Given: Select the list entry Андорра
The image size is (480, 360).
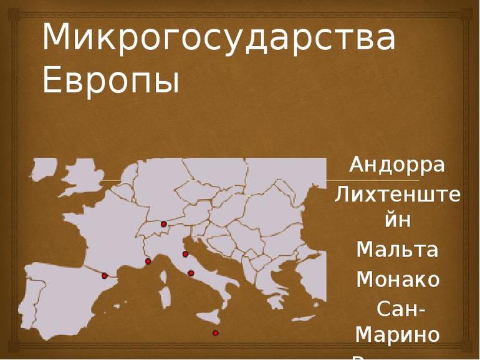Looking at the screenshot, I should click(397, 165).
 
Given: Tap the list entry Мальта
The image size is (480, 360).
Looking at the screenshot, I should click(397, 250).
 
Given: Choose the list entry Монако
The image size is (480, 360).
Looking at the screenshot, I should click(397, 279).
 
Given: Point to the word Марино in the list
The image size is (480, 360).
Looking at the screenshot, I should click(397, 334).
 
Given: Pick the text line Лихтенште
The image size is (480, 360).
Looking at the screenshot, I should click(397, 194).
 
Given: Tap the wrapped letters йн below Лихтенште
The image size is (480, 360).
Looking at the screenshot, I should click(397, 220).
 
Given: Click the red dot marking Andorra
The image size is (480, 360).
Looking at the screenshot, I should click(105, 275).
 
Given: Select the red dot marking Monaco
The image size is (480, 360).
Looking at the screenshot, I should click(148, 261).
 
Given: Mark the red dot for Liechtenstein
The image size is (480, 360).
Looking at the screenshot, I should click(163, 223).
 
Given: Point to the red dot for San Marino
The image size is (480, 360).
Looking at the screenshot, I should click(185, 254).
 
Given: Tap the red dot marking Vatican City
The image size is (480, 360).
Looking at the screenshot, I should click(191, 273).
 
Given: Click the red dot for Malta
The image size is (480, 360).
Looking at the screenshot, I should click(216, 333).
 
